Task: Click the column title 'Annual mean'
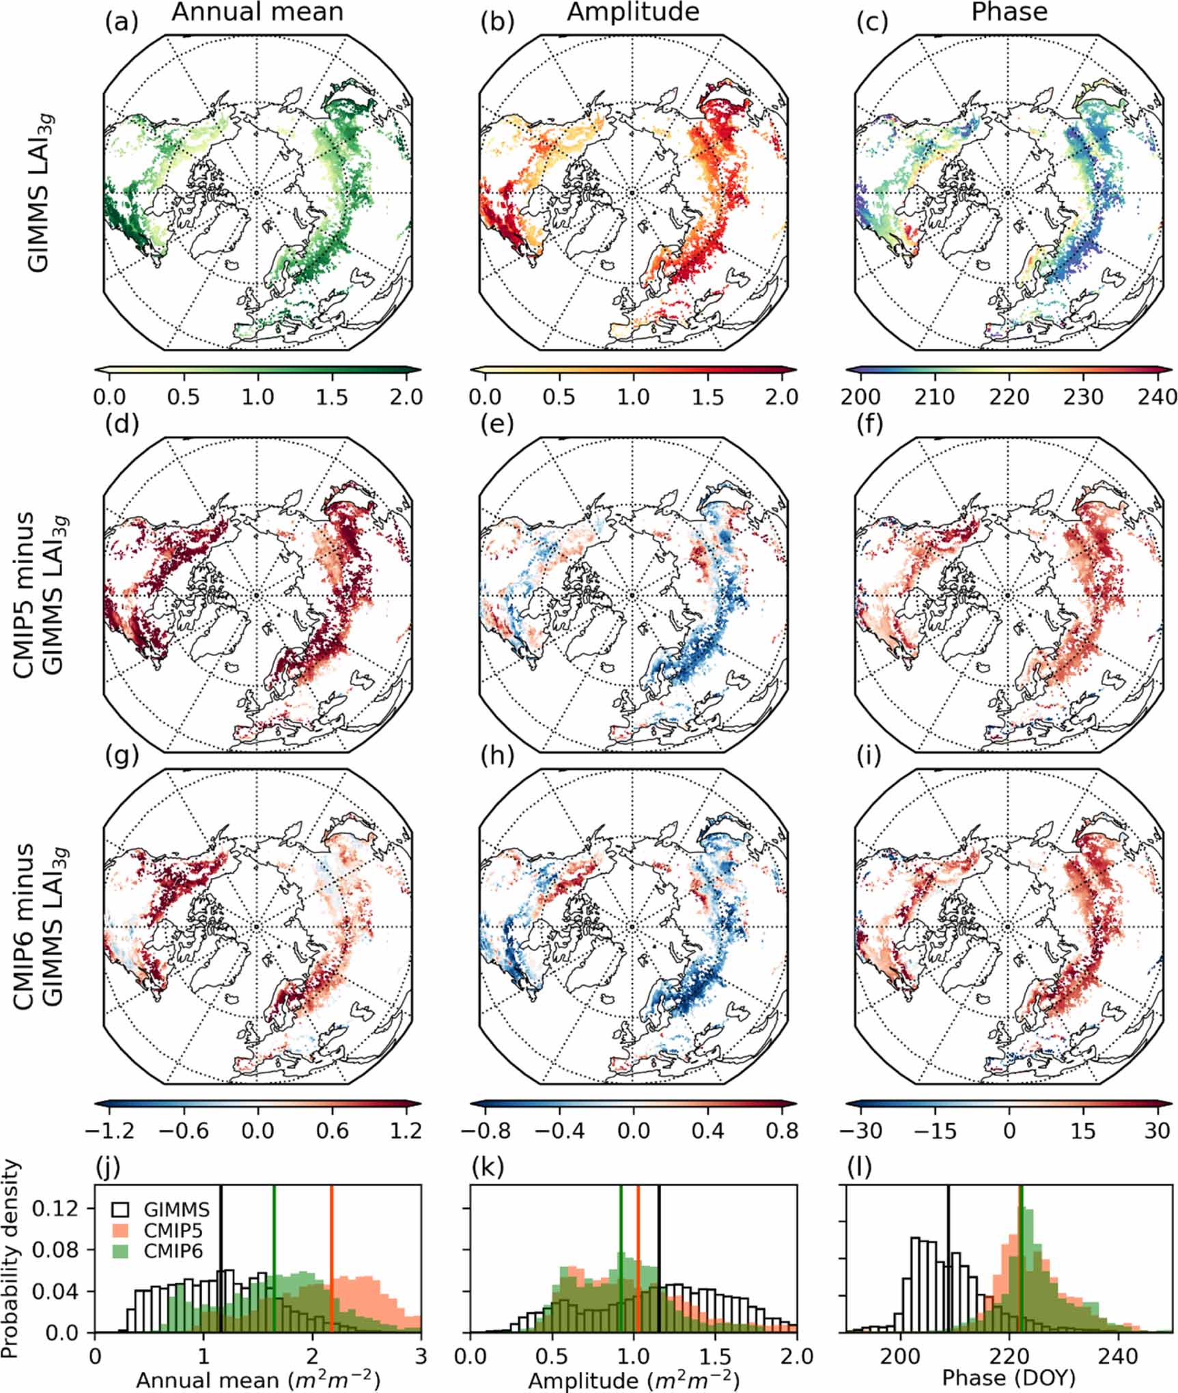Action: (257, 12)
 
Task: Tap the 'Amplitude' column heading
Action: (633, 12)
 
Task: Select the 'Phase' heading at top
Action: (1009, 12)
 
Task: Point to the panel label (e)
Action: (497, 424)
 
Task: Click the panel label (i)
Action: (869, 756)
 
